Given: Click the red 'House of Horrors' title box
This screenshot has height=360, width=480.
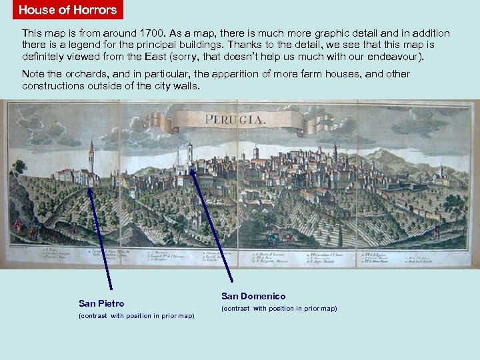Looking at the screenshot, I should [67, 10].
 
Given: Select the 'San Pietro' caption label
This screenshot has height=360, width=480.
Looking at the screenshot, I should [101, 303].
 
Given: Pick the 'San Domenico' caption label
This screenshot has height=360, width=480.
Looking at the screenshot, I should [253, 296].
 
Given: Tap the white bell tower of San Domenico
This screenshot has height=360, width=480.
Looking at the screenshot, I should [190, 153].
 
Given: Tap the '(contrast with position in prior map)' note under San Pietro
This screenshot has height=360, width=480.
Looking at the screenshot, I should [137, 316].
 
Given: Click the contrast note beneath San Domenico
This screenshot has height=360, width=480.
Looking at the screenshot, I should [279, 309].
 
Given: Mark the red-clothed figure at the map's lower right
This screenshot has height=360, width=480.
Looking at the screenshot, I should [437, 231].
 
